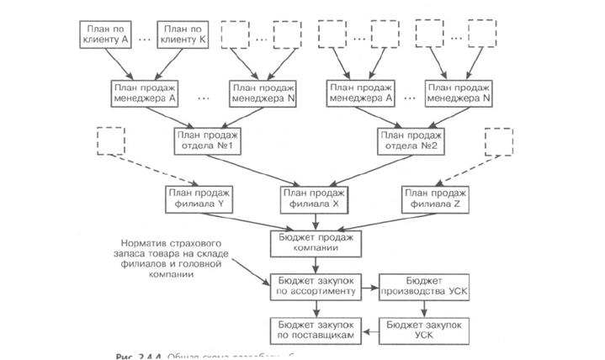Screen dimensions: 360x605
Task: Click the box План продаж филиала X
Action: coord(312,199)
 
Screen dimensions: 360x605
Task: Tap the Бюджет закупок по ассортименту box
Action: coord(316,286)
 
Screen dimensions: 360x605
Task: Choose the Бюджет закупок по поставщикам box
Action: coord(316,329)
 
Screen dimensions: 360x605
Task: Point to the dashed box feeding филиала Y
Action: coord(109,142)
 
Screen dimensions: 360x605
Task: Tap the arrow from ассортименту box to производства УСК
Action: coord(369,286)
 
